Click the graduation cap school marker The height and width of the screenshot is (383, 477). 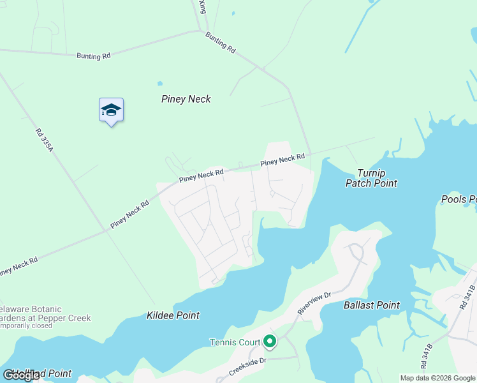[x=111, y=110]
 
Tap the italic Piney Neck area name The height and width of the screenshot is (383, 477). [x=186, y=99]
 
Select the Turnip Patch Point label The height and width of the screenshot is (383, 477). [x=371, y=178]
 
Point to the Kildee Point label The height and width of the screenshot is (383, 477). [x=173, y=315]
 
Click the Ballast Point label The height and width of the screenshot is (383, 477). [x=371, y=306]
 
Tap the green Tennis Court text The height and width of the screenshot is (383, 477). [x=235, y=342]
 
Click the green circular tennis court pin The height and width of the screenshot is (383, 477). [x=270, y=342]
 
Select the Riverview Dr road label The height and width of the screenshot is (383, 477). [x=314, y=303]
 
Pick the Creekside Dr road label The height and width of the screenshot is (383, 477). [x=248, y=367]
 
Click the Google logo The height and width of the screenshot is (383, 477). [x=22, y=375]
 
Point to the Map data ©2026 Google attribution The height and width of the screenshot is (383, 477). [x=437, y=378]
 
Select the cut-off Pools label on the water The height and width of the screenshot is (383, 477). [x=459, y=200]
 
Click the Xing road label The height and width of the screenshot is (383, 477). [x=202, y=7]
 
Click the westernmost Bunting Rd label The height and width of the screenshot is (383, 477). [x=93, y=56]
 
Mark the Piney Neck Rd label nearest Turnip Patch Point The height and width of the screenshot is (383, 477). [x=283, y=160]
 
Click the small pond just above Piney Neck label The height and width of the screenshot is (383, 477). [x=159, y=83]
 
